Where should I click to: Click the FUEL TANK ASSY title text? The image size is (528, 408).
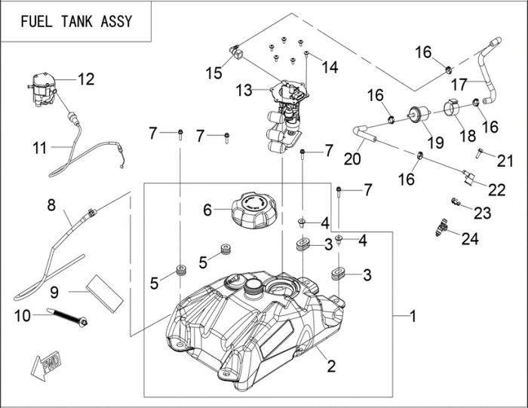(76, 21)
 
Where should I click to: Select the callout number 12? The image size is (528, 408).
(86, 78)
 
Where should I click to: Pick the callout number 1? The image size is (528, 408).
(412, 316)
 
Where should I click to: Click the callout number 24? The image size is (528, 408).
(470, 239)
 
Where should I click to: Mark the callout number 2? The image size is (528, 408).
(330, 367)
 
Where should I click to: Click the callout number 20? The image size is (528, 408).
(351, 158)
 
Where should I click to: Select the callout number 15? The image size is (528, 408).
(214, 72)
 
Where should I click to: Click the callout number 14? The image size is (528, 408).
(330, 66)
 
